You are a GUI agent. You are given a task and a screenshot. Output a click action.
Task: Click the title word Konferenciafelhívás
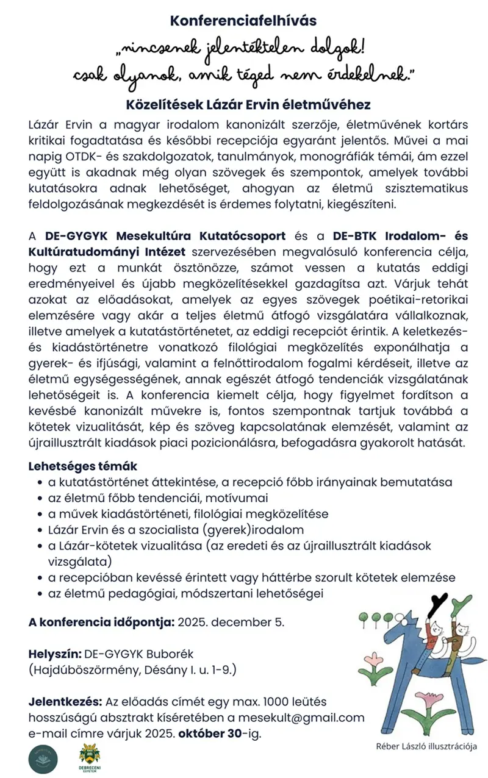243,20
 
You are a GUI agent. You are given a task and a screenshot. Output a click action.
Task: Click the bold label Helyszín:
54,654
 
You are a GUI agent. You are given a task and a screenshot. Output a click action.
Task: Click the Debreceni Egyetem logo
90,758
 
